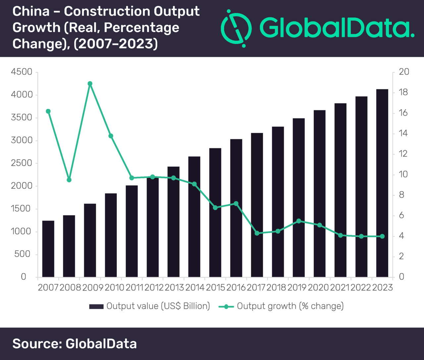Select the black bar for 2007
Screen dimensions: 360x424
click(48, 249)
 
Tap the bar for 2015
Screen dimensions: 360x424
click(215, 212)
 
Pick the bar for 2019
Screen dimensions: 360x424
click(299, 198)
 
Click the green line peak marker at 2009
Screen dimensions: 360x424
click(90, 84)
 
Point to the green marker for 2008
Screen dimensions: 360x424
click(69, 180)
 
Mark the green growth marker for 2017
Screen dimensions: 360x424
click(257, 233)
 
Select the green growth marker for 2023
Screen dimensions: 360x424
click(382, 236)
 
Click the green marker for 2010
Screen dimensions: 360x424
click(111, 136)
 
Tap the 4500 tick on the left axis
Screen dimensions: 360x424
click(22, 72)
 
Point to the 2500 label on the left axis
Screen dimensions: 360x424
click(22, 163)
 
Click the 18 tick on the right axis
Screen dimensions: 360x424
click(403, 92)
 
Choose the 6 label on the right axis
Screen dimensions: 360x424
click(401, 215)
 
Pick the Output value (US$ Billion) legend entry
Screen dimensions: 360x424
click(150, 306)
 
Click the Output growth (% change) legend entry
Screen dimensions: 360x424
click(282, 306)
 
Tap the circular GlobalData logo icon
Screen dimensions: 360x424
click(236, 28)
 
